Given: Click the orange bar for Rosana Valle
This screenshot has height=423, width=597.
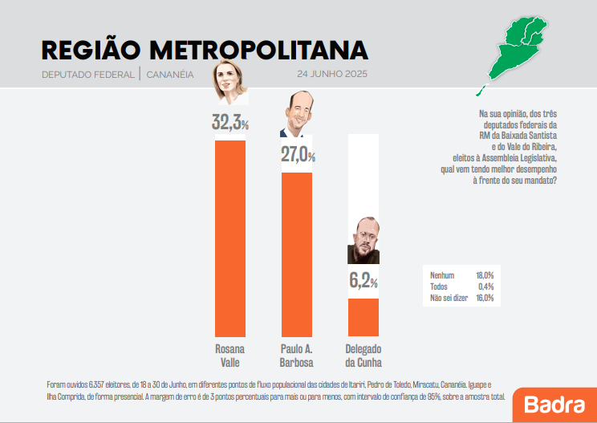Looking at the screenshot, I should coord(230,238).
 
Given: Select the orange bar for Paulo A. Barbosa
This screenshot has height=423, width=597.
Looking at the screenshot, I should coord(296,254).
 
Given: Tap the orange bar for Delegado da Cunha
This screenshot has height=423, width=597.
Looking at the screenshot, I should coord(363,316).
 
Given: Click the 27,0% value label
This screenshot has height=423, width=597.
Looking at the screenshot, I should coord(297,156).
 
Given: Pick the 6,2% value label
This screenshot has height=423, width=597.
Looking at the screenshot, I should coord(363,281).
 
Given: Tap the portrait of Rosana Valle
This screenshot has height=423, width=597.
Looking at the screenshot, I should coord(229,83).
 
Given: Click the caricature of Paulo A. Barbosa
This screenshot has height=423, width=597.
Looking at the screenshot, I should coord(297,116).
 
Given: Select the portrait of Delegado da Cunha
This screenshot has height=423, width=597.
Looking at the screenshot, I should coord(363,241).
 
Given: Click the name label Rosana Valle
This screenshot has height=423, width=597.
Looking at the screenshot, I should coord(230,355).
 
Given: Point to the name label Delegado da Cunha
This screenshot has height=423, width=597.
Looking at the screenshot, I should coord(363,355).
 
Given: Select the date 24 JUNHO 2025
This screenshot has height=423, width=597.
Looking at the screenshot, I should coord(331,75).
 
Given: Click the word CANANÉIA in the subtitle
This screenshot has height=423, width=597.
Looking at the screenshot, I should coord(170,75).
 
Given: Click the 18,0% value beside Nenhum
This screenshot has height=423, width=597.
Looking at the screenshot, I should coord(484,275).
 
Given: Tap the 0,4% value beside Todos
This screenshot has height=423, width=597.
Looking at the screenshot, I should coord(485,287).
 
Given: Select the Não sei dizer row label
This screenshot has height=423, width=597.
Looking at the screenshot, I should coord(448,298).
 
